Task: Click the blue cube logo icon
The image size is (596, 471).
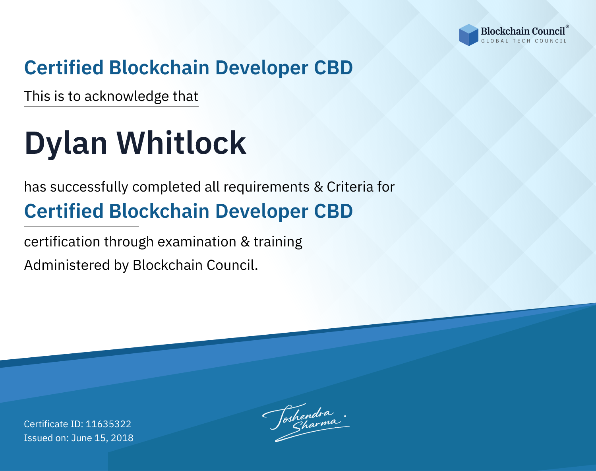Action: [x=468, y=35]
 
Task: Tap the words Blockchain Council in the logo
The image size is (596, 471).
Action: [x=523, y=31]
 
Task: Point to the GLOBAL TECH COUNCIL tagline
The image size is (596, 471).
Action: [x=524, y=41]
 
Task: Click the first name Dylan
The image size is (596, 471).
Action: [x=66, y=143]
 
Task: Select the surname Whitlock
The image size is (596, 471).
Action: [x=181, y=142]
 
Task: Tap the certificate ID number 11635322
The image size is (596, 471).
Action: [x=108, y=424]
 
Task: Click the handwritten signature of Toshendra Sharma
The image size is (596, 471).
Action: [x=306, y=422]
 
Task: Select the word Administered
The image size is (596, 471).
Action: [x=67, y=265]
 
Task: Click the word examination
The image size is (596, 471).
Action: [x=197, y=242]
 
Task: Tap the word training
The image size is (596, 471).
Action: [x=278, y=242]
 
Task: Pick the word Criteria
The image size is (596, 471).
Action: [x=350, y=187]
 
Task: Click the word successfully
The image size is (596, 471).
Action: [x=89, y=187]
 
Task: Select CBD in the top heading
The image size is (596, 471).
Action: [x=333, y=68]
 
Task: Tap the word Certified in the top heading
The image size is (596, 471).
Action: [x=64, y=68]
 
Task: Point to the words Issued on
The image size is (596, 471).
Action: [x=46, y=438]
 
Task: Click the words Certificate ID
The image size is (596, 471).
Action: [x=54, y=424]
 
